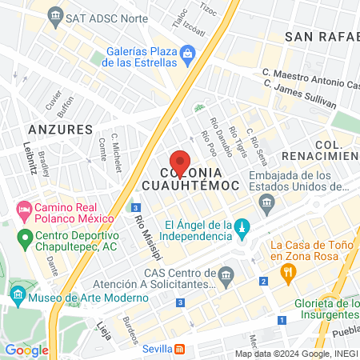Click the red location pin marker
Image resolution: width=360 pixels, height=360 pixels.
pyautogui.click(x=181, y=163)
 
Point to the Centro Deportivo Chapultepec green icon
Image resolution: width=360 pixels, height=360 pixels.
pyautogui.click(x=25, y=237)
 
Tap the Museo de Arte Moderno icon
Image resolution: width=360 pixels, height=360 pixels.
pyautogui.click(x=17, y=298)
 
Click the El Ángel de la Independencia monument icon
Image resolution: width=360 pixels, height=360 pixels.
pyautogui.click(x=242, y=229)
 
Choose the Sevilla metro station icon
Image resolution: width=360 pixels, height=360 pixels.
pyautogui.click(x=182, y=349)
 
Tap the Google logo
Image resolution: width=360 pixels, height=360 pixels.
pyautogui.click(x=26, y=350)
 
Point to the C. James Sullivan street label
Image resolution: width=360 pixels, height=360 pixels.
pyautogui.click(x=315, y=97)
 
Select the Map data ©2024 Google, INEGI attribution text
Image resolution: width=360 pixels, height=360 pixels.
pyautogui.click(x=295, y=354)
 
